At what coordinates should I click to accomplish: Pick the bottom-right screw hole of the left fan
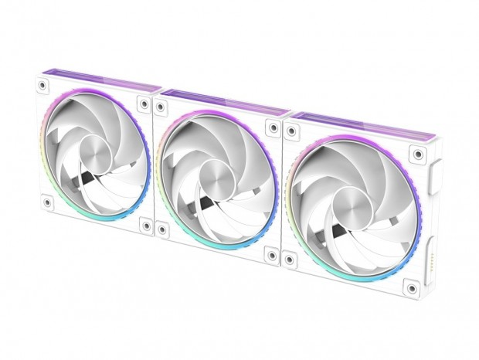144,226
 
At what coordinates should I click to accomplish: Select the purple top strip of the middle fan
224,100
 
